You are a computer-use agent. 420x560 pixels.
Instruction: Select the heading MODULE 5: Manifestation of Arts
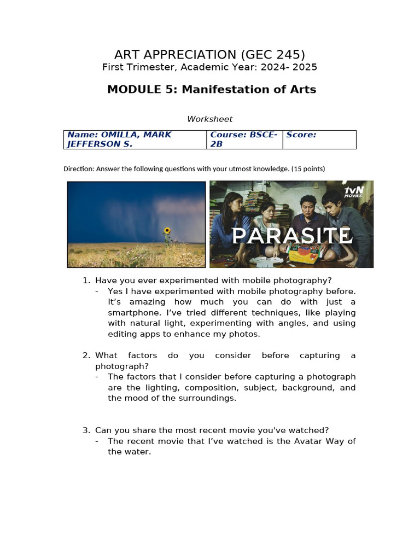(211, 90)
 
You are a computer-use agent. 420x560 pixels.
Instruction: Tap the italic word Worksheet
(209, 119)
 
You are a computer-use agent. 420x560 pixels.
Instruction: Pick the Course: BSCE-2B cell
(244, 139)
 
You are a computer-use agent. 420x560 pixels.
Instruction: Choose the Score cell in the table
(319, 139)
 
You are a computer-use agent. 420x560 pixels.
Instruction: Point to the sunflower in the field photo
(167, 231)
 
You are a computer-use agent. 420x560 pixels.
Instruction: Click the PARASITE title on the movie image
(291, 236)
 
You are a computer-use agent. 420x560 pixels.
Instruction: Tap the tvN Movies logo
(354, 192)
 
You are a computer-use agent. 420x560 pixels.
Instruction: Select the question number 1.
(86, 281)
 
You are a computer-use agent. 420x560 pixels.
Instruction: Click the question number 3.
(86, 430)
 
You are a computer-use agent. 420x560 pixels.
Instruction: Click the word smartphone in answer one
(131, 313)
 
